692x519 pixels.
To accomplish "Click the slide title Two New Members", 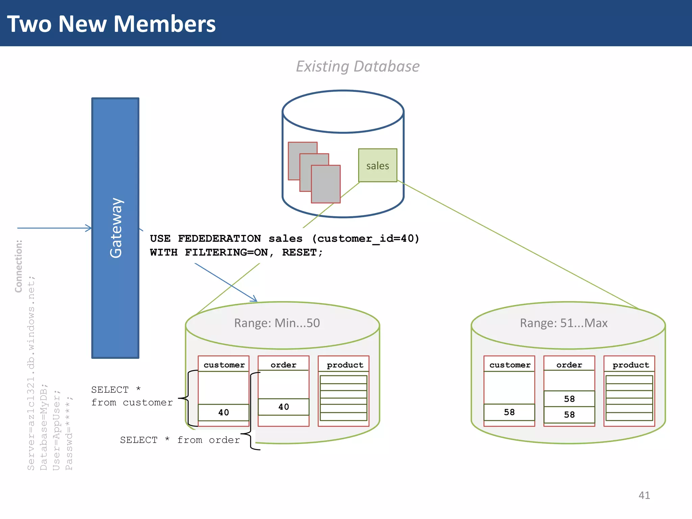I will pyautogui.click(x=111, y=24).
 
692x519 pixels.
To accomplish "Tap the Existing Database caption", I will pyautogui.click(x=357, y=66).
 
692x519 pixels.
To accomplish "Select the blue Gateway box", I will pyautogui.click(x=115, y=228).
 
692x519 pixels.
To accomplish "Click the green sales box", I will pyautogui.click(x=377, y=166).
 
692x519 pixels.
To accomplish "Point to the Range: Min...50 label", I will pyautogui.click(x=277, y=323).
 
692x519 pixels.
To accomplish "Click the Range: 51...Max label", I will pyautogui.click(x=563, y=323).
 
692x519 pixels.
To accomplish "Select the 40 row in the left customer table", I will pyautogui.click(x=223, y=412).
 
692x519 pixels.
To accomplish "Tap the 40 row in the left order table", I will pyautogui.click(x=283, y=407).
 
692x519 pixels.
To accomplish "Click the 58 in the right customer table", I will pyautogui.click(x=509, y=412).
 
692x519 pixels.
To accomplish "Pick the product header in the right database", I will pyautogui.click(x=631, y=365).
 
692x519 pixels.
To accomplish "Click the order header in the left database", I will pyautogui.click(x=283, y=365).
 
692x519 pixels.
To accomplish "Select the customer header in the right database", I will pyautogui.click(x=510, y=365).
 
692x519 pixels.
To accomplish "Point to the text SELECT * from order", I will pyautogui.click(x=180, y=440).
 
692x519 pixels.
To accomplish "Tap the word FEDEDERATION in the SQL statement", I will pyautogui.click(x=219, y=239).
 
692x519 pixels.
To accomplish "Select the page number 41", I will pyautogui.click(x=644, y=495).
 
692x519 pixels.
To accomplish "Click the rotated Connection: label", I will pyautogui.click(x=18, y=266).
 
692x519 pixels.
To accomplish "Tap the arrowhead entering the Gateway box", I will pyautogui.click(x=89, y=228).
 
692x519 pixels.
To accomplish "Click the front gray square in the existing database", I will pyautogui.click(x=325, y=184).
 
